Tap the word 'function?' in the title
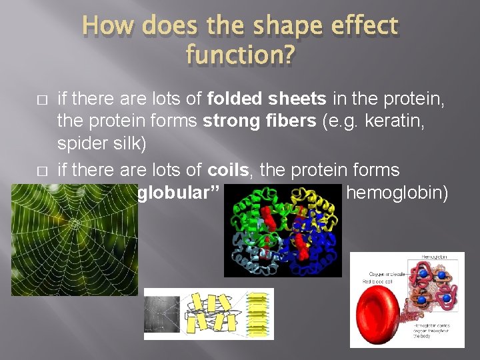(x=239, y=54)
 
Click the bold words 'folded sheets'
(x=267, y=99)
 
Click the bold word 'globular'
(x=170, y=193)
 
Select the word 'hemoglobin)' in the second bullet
(x=398, y=193)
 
